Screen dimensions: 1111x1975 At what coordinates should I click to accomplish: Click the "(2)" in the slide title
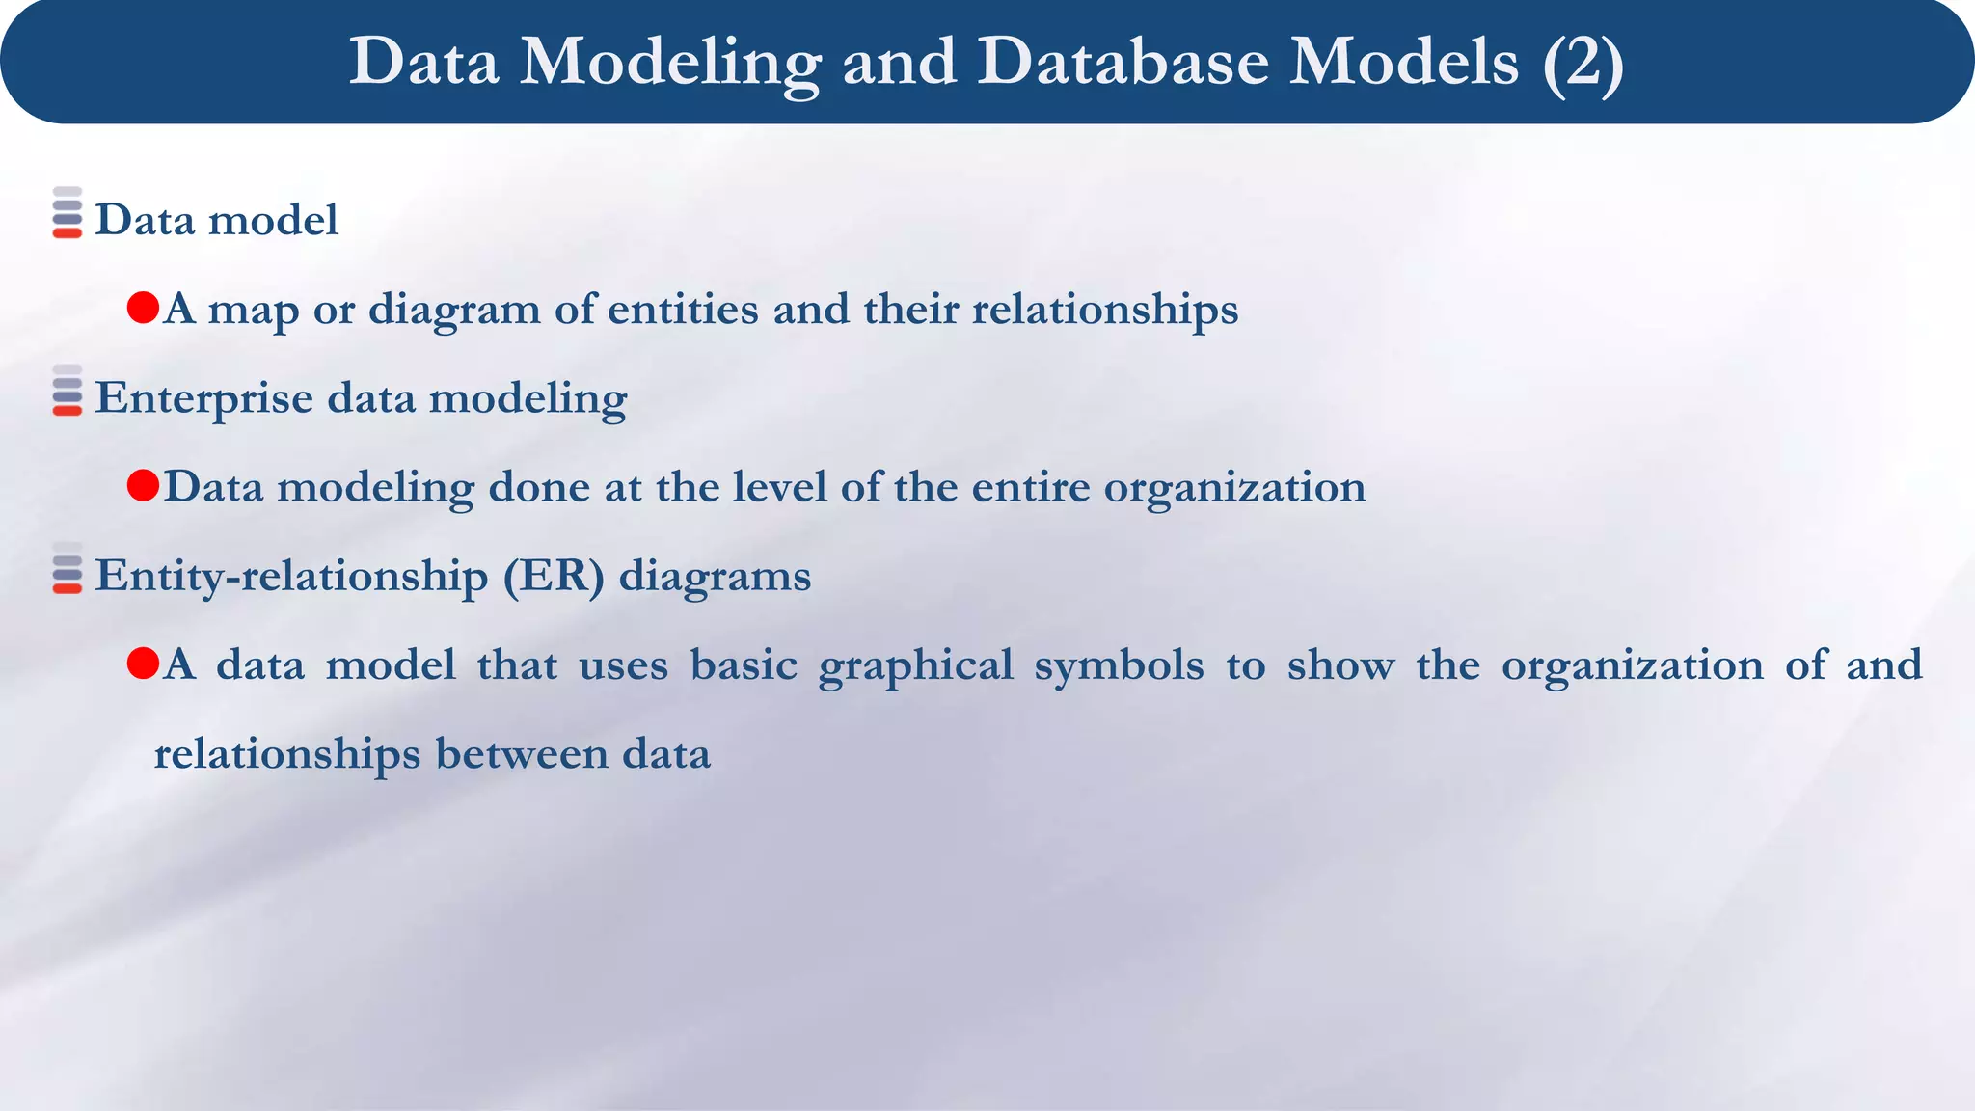pyautogui.click(x=1583, y=63)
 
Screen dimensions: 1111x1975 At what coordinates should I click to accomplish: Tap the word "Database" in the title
pyautogui.click(x=1123, y=63)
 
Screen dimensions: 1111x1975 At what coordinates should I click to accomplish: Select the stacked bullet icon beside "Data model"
pyautogui.click(x=68, y=213)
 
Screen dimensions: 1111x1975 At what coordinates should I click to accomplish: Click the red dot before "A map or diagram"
pyautogui.click(x=143, y=309)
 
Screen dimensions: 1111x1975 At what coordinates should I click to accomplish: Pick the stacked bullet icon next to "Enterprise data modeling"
pyautogui.click(x=68, y=391)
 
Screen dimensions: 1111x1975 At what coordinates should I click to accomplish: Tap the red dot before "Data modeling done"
pyautogui.click(x=143, y=486)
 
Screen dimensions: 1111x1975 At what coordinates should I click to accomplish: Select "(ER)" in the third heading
pyautogui.click(x=554, y=577)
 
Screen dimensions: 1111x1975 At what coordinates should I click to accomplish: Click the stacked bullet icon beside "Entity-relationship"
pyautogui.click(x=68, y=569)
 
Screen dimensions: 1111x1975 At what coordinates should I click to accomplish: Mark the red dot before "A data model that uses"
pyautogui.click(x=143, y=664)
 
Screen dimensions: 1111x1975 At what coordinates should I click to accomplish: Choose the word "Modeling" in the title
pyautogui.click(x=670, y=63)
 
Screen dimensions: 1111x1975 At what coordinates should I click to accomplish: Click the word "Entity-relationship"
pyautogui.click(x=292, y=577)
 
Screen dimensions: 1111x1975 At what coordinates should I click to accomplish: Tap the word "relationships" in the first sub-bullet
pyautogui.click(x=1104, y=310)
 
